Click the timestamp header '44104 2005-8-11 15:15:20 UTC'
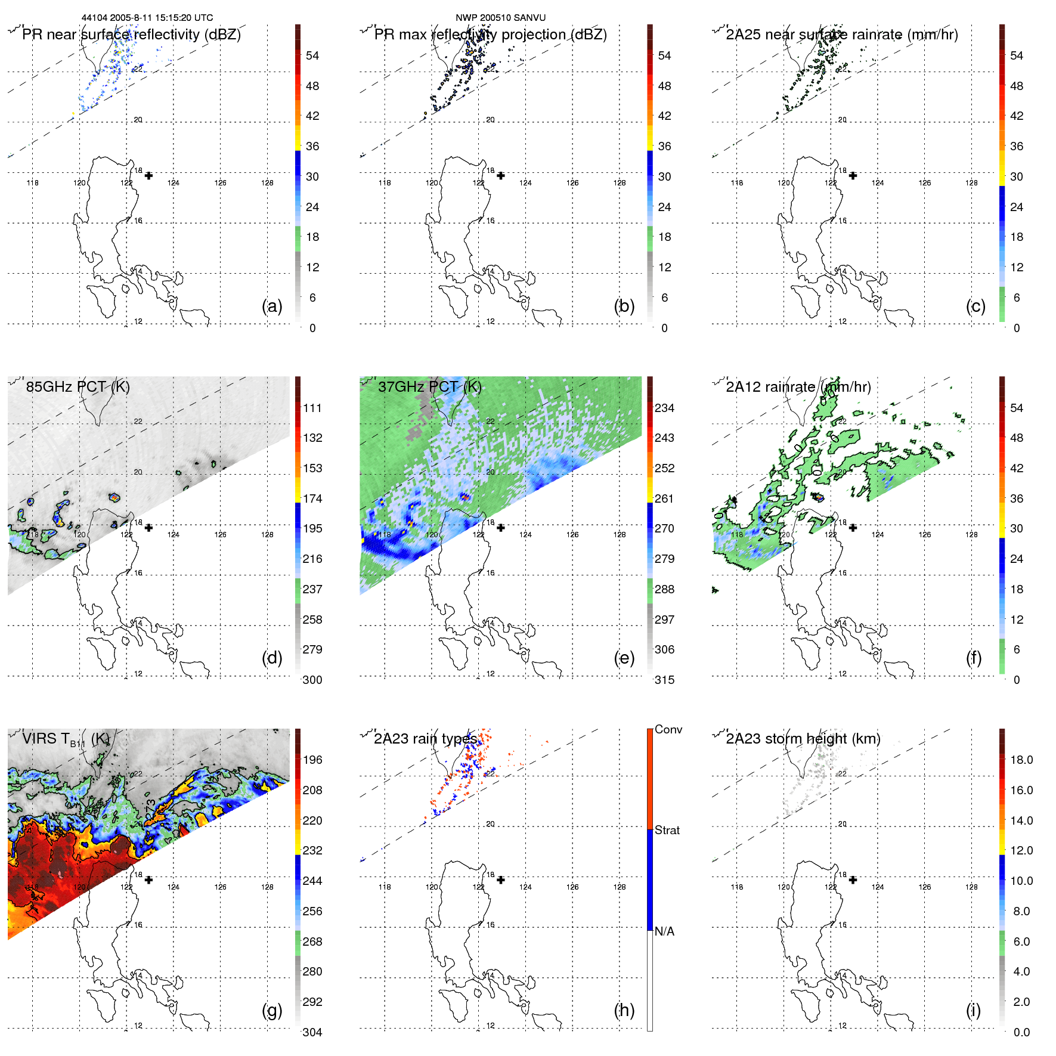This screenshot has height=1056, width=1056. pos(147,18)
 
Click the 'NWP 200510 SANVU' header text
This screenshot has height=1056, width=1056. pos(500,18)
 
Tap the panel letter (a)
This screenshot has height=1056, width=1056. pos(272,306)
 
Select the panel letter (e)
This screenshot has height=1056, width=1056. pos(624,658)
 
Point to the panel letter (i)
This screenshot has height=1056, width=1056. pos(973,1010)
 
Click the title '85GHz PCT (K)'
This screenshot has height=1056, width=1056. pos(78,387)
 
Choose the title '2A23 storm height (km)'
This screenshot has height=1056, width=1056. pos(803,739)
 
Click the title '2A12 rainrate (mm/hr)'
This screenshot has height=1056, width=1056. pos(798,387)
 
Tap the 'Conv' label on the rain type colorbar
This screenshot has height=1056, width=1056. pos(668,729)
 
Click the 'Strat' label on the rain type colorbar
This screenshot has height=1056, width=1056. pos(667,830)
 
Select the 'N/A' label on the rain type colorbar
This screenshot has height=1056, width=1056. pos(664,931)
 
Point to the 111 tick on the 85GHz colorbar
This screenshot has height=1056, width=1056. pos(312,408)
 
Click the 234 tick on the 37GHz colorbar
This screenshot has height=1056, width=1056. pos(664,408)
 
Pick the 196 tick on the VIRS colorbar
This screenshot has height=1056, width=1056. pos(312,760)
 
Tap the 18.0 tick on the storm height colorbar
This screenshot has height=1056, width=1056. pos(1021,760)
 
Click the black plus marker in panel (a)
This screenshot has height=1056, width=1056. pos(148,175)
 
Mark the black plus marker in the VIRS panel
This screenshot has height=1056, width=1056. pos(148,880)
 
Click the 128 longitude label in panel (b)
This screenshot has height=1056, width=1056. pos(620,183)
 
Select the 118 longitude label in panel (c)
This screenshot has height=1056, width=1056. pos(737,183)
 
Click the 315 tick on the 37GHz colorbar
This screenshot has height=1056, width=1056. pos(664,680)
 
